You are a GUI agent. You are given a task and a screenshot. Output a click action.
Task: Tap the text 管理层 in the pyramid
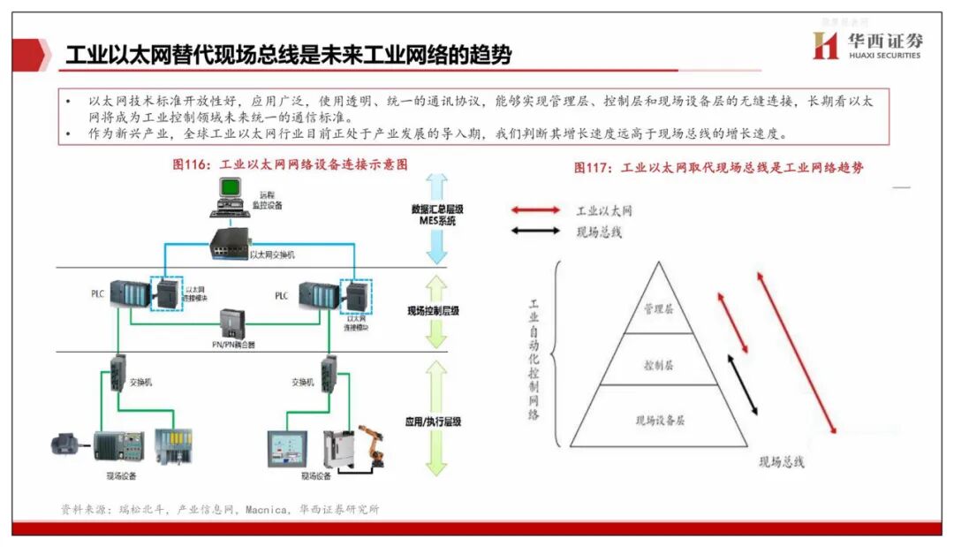659,309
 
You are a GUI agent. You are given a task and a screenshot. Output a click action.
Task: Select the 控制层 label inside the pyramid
659,364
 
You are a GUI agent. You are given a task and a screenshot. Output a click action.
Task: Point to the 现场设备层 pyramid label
660,421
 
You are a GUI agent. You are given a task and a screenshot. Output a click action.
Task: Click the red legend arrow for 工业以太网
535,210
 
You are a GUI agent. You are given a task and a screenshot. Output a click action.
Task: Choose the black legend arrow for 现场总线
535,232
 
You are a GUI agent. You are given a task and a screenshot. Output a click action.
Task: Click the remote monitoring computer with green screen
230,195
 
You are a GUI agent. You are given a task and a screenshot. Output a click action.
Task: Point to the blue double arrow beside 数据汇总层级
436,217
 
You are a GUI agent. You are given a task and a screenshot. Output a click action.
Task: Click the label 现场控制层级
433,311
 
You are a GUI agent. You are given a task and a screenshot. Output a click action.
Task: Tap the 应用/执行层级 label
433,422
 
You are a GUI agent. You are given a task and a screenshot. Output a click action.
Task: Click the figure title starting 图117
718,167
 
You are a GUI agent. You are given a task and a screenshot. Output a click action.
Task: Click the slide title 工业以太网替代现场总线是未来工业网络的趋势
289,55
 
